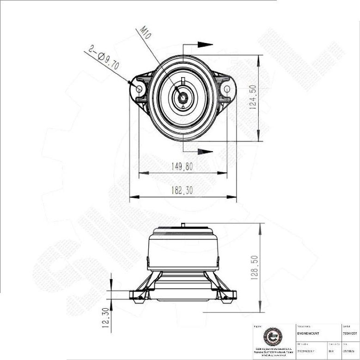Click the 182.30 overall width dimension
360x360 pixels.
[182, 190]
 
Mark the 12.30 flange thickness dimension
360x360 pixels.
[105, 318]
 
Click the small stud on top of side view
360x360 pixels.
[183, 225]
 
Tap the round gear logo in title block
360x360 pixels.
[273, 336]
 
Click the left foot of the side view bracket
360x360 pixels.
[137, 295]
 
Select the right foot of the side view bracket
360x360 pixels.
[229, 295]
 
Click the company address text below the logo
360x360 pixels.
[273, 352]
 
